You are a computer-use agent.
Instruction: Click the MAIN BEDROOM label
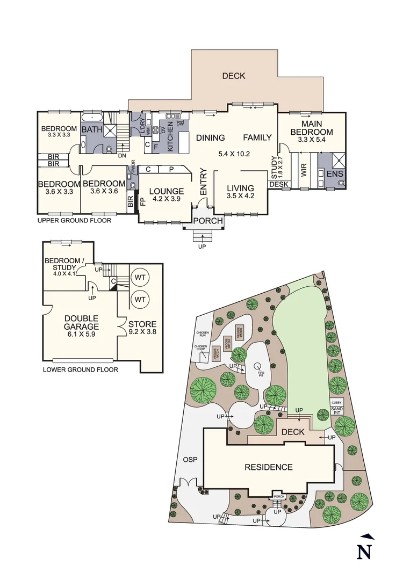click(x=311, y=128)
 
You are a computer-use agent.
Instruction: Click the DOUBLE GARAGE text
click(x=82, y=322)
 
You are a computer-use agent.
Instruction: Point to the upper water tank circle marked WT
click(x=140, y=277)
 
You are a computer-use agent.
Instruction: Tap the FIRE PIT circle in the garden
click(x=257, y=367)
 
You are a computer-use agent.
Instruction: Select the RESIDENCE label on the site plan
click(x=268, y=467)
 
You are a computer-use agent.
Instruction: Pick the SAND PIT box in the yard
click(x=337, y=410)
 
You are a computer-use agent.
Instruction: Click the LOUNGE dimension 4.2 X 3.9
click(x=166, y=198)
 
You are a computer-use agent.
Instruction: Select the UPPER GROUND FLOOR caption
click(x=74, y=221)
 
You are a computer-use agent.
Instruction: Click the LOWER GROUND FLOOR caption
click(x=80, y=369)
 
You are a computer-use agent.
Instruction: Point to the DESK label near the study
click(x=278, y=184)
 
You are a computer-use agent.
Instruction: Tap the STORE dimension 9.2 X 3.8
click(x=142, y=332)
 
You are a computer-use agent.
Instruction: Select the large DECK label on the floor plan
click(x=234, y=76)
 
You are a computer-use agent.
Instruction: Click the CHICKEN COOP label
click(x=200, y=349)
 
